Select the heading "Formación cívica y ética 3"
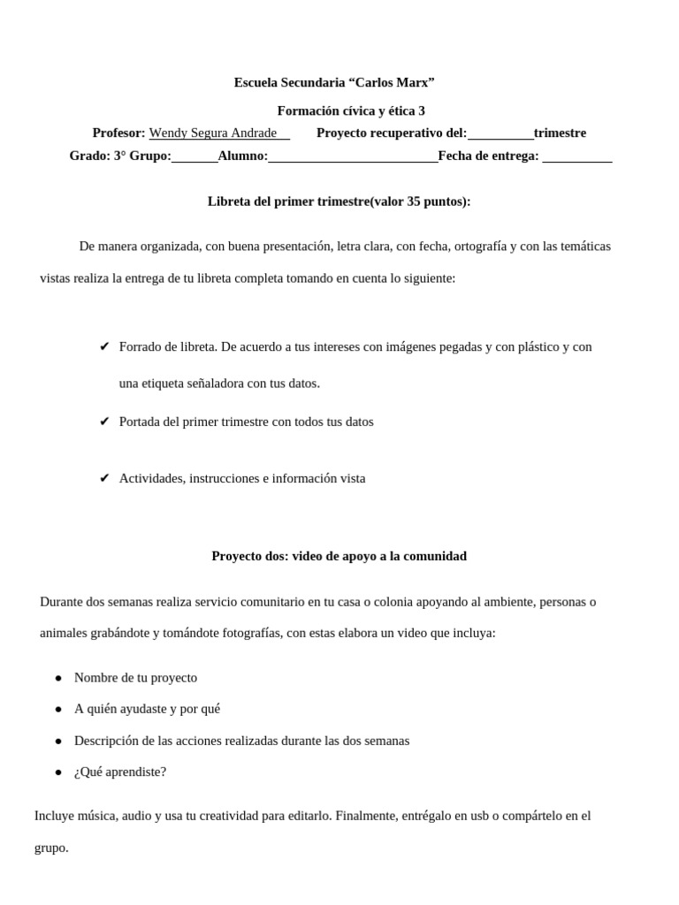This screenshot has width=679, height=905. [x=351, y=110]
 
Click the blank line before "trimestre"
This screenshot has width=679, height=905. [x=500, y=134]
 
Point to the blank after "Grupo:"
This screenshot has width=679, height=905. [x=195, y=157]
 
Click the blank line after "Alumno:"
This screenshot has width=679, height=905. [x=353, y=157]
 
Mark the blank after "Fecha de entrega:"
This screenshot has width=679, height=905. [x=576, y=157]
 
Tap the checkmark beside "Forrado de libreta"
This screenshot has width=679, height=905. [x=103, y=346]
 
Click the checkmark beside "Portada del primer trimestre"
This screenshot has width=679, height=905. [x=103, y=422]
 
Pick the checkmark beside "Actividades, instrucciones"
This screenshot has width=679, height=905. [x=103, y=478]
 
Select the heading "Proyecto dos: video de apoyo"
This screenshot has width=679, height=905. [x=339, y=556]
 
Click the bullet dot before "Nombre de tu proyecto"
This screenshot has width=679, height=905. [x=58, y=678]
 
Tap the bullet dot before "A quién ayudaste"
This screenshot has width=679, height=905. [x=58, y=709]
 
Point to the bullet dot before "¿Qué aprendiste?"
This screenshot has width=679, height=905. [x=58, y=772]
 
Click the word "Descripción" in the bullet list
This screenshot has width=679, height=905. [x=107, y=740]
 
